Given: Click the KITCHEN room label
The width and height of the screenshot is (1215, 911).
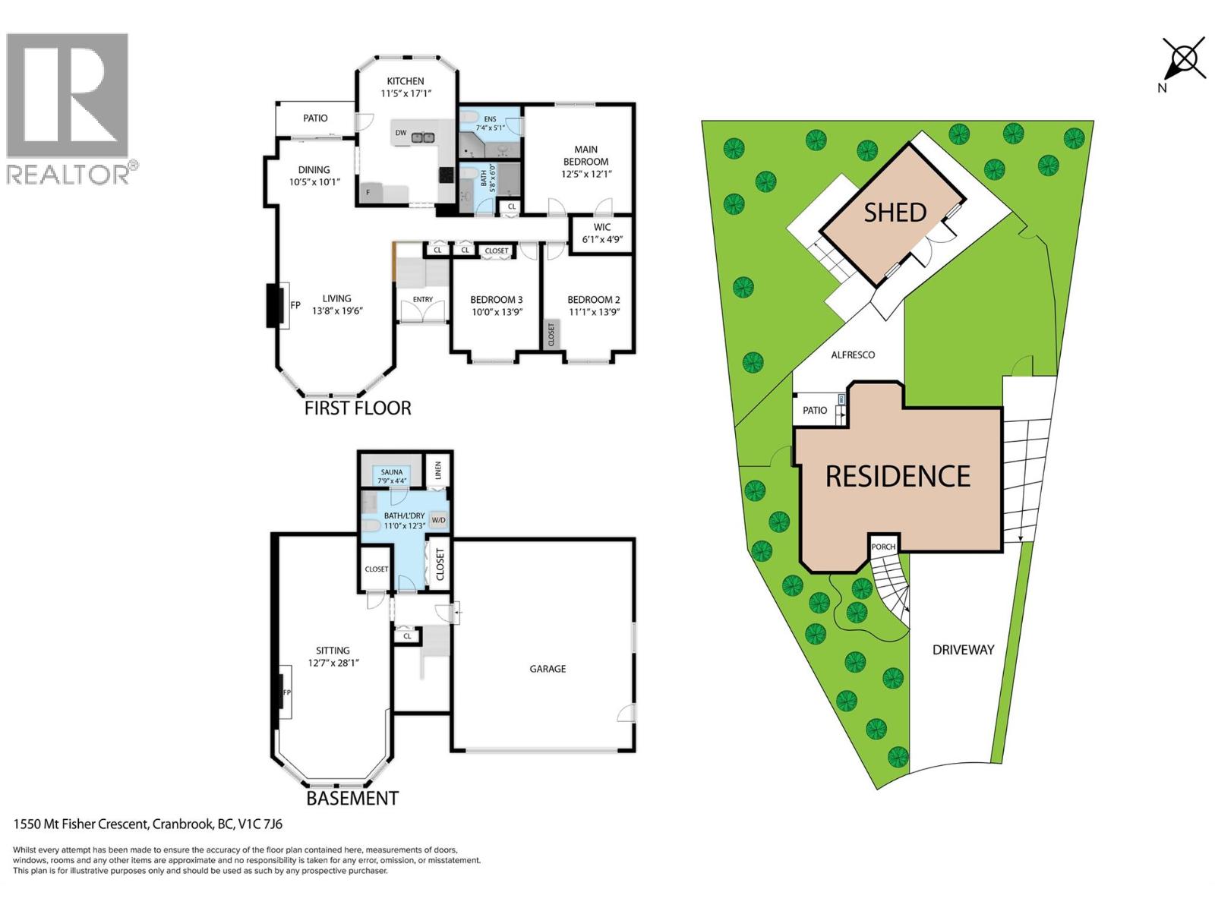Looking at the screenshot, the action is [x=406, y=80].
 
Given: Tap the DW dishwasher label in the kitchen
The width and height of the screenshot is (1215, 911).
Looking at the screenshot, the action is [x=401, y=133].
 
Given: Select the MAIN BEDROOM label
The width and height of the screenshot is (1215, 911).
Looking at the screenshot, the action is [x=585, y=156].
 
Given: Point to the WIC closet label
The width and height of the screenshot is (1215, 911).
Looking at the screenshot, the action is [x=601, y=227].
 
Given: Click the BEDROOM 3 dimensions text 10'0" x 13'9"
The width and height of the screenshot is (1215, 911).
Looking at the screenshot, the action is [x=497, y=312].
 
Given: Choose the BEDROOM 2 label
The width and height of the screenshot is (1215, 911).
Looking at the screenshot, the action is [x=593, y=300].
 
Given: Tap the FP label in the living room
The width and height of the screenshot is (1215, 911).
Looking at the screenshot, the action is [x=295, y=305].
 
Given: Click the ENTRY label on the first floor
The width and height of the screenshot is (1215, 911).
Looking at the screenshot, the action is [x=423, y=299].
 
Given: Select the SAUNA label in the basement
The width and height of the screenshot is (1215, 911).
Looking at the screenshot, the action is [x=391, y=471].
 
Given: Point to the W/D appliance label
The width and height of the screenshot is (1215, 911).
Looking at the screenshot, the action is [x=438, y=520].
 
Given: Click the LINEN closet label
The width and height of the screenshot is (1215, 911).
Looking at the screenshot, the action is [x=438, y=471].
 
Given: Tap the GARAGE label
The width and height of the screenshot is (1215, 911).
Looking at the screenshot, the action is [x=548, y=669].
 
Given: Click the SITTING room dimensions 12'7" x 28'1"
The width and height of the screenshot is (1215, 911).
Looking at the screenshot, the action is [x=333, y=663].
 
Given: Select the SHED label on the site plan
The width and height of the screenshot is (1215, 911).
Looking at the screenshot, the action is [x=895, y=213].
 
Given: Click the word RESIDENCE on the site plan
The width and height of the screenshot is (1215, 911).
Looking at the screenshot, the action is [x=898, y=476].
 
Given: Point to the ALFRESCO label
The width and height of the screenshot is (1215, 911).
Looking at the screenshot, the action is [x=853, y=355].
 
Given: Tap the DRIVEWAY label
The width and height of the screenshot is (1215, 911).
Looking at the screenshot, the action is [x=963, y=650].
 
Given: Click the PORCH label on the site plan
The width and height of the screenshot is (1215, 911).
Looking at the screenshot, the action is [x=883, y=547].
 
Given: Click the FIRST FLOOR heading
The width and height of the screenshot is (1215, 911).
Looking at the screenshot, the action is [x=358, y=408].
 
